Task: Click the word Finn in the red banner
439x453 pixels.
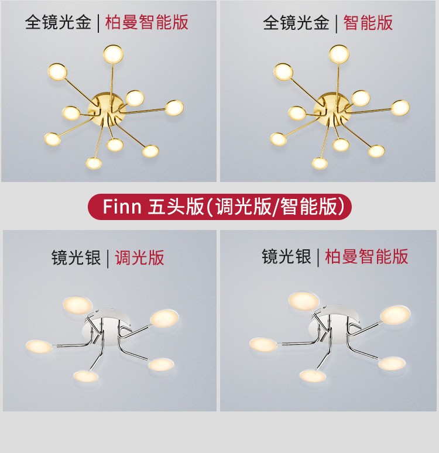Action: click(122, 207)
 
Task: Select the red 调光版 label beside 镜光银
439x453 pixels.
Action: click(139, 258)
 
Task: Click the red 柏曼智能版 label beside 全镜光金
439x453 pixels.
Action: click(146, 22)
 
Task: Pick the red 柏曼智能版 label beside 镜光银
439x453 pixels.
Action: click(366, 256)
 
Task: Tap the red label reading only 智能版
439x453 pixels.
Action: click(368, 22)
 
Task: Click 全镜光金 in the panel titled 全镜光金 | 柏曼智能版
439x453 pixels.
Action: click(58, 22)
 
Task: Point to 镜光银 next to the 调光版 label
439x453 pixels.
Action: click(76, 258)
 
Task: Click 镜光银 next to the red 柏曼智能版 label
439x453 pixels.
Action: click(286, 256)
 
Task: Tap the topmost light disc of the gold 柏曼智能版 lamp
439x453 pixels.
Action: click(114, 54)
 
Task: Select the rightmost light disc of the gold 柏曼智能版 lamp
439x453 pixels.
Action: click(174, 108)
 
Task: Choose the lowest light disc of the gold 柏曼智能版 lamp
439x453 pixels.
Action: click(94, 163)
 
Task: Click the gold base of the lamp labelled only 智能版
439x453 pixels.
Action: click(332, 110)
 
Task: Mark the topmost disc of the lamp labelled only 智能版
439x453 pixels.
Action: click(339, 54)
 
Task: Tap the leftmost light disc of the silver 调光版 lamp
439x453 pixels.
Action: click(39, 346)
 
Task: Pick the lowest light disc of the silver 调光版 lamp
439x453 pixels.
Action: click(86, 376)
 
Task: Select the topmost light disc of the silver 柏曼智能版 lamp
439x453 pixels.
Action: click(303, 301)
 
